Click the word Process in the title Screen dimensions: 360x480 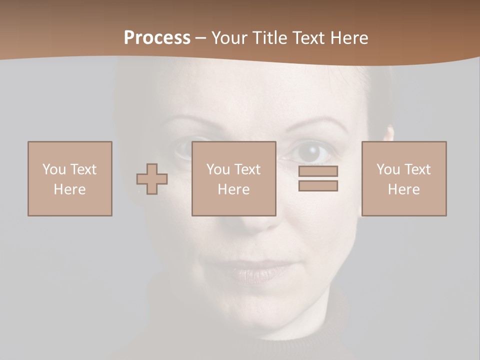(157, 38)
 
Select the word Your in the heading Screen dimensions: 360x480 (229, 38)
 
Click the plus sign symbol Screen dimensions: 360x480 (152, 179)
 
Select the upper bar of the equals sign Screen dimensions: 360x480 (318, 171)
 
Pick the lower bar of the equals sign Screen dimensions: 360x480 (318, 186)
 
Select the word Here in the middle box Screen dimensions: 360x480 (234, 189)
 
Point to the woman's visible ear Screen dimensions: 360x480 (389, 135)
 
